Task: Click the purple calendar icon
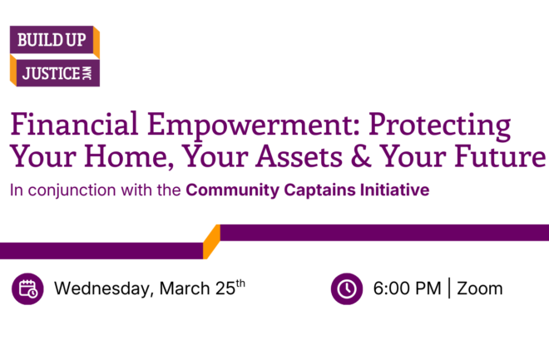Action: tap(28, 288)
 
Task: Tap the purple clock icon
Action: tap(345, 288)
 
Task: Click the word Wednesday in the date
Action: tap(101, 289)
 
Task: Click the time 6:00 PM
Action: tap(407, 289)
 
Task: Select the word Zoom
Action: tap(481, 289)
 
